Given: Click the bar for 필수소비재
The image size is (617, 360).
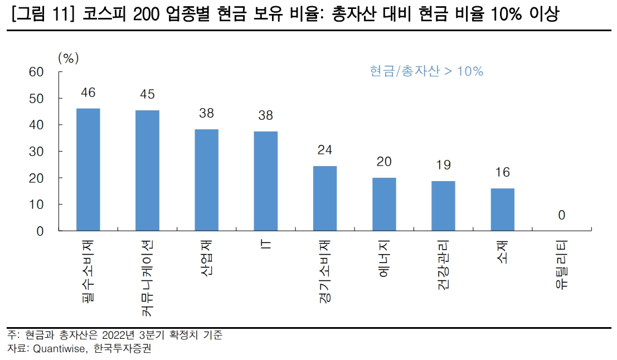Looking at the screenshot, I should pyautogui.click(x=88, y=169).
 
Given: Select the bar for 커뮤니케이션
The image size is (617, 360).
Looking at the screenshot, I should pyautogui.click(x=147, y=171).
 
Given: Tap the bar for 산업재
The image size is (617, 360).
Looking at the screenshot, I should pyautogui.click(x=206, y=180).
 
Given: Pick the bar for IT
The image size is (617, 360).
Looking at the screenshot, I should pyautogui.click(x=266, y=181).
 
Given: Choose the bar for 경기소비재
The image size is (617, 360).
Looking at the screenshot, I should pyautogui.click(x=325, y=198).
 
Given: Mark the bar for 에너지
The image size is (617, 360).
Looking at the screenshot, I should pyautogui.click(x=384, y=204).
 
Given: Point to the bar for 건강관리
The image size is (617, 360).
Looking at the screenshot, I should pyautogui.click(x=443, y=206).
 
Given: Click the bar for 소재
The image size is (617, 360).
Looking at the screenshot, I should pyautogui.click(x=503, y=210).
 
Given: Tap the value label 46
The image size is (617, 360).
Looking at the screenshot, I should pyautogui.click(x=88, y=93).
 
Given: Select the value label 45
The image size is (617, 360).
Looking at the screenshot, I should pyautogui.click(x=147, y=94).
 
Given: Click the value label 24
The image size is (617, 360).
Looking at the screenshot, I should pyautogui.click(x=325, y=150).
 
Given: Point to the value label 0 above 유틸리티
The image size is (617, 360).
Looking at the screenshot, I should pyautogui.click(x=562, y=215).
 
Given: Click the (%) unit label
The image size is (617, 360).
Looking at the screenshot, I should pyautogui.click(x=68, y=57).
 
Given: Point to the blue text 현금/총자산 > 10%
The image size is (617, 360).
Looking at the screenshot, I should pyautogui.click(x=426, y=71).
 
